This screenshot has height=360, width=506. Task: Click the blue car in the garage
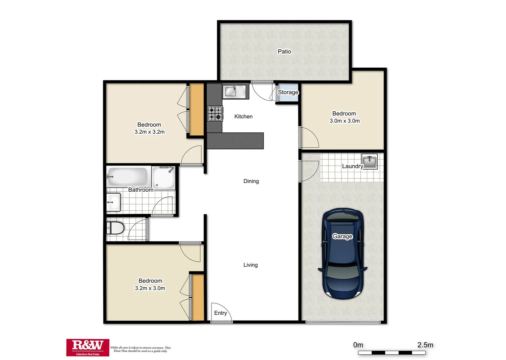point(342,253)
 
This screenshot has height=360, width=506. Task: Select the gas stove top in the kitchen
point(215,113)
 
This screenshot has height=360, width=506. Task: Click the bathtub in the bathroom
point(127,176)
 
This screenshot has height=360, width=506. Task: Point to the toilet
point(115,229)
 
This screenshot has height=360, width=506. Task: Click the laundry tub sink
point(369,162)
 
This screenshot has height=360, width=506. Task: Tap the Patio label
point(284,51)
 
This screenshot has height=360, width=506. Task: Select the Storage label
point(288,92)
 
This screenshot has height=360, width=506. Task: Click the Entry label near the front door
point(220,313)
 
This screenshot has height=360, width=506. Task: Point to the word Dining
point(251,181)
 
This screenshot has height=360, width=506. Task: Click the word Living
point(250,265)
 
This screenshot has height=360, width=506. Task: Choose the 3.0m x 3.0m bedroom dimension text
point(344,121)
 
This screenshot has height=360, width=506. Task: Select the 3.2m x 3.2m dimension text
point(149,132)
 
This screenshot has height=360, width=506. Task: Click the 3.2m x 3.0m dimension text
point(150,288)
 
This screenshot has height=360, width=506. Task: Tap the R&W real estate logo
point(88,347)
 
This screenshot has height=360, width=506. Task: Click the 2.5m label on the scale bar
point(425,345)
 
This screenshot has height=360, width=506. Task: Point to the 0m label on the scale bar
point(358,345)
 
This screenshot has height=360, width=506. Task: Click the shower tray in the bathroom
point(163,178)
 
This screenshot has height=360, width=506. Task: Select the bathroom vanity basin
point(113,202)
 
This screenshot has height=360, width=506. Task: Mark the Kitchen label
point(243,117)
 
